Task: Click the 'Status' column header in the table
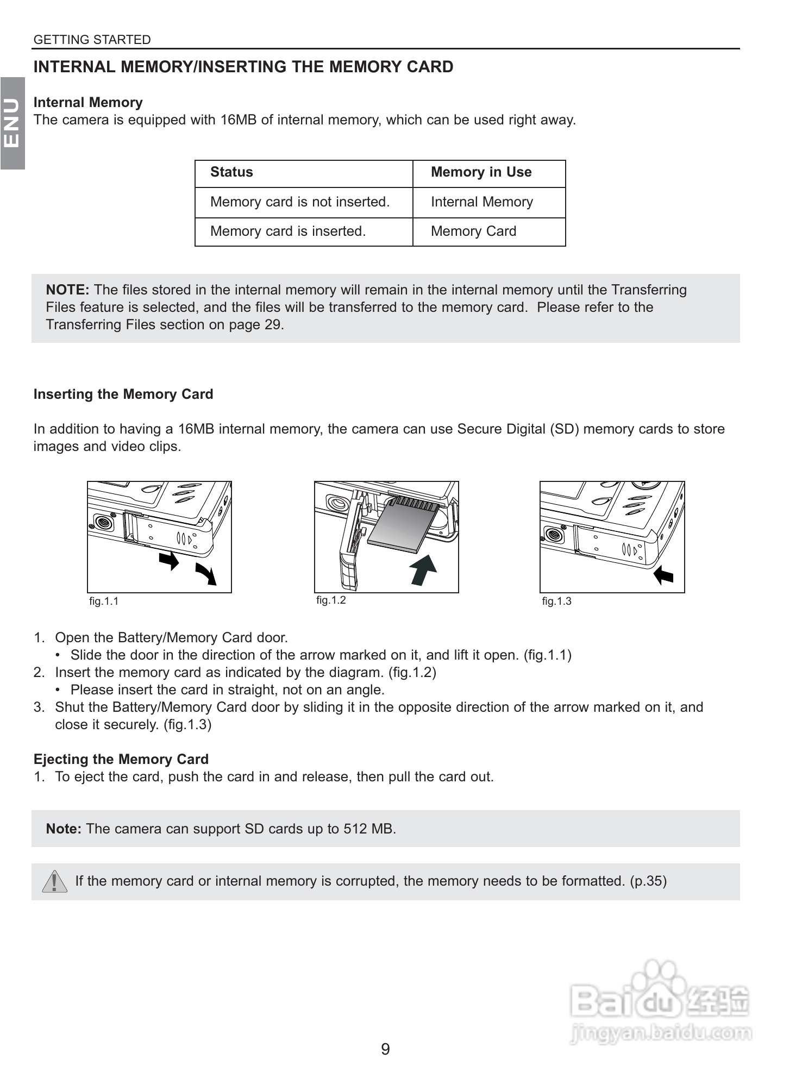[x=231, y=172]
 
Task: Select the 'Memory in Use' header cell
[x=481, y=172]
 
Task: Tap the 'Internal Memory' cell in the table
[x=481, y=202]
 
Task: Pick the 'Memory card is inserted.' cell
[x=288, y=231]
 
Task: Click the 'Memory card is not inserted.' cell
[x=300, y=202]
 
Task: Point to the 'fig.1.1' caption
[x=104, y=601]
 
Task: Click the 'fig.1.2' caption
[x=331, y=600]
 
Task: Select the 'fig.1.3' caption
[x=557, y=601]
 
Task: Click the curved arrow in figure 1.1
[x=207, y=574]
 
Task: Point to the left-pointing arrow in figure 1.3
[x=663, y=574]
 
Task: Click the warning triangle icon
[x=54, y=881]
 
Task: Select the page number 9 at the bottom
[x=385, y=1049]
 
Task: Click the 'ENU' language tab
[x=12, y=123]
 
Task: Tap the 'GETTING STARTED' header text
[x=92, y=40]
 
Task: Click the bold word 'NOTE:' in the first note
[x=67, y=290]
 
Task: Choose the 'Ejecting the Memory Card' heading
[x=121, y=759]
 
